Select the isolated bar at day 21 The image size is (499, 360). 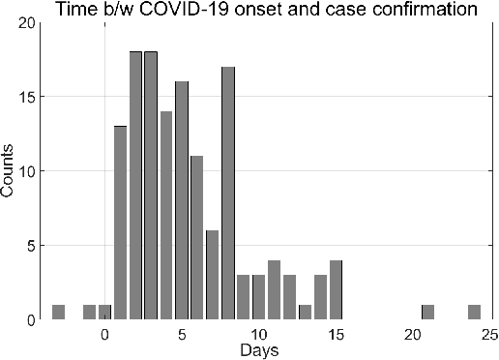[x=428, y=312]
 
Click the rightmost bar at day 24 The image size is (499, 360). [x=475, y=312]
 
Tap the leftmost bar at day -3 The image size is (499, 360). [x=58, y=312]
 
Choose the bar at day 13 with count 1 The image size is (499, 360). [x=306, y=312]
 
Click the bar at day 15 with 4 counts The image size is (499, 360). [x=336, y=289]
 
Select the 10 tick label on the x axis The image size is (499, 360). [x=259, y=333]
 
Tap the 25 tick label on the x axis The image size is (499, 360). [x=489, y=333]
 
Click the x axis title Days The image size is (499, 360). [x=259, y=347]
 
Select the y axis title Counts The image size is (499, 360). [x=9, y=171]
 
